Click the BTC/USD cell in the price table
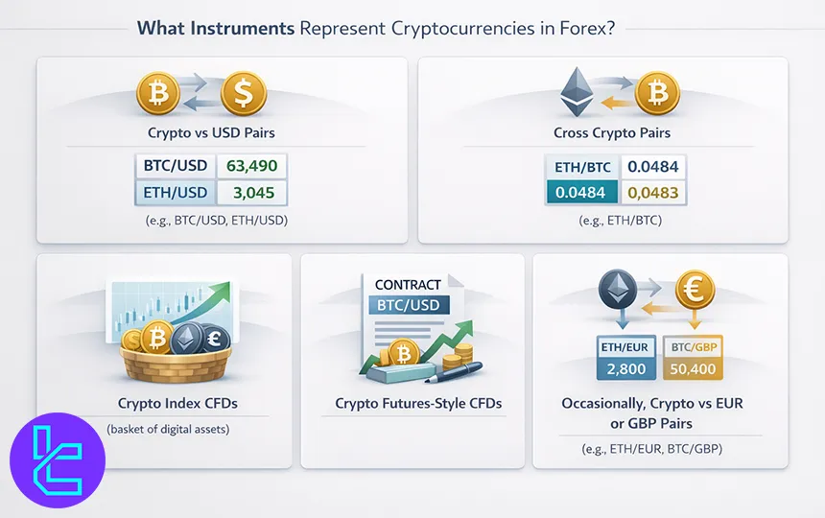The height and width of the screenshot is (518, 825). [x=176, y=165]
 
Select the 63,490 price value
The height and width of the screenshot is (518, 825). [x=251, y=165]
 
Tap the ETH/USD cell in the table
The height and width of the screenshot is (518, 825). [x=176, y=192]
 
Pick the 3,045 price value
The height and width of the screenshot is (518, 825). [x=251, y=192]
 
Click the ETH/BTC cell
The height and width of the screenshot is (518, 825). [x=581, y=167]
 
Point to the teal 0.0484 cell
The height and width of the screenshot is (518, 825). [x=581, y=193]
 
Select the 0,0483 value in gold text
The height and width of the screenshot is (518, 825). [x=652, y=193]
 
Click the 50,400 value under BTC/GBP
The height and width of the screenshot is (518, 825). [x=695, y=368]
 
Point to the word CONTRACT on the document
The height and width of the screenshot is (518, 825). [x=408, y=285]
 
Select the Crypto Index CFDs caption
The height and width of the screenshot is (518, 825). [x=164, y=404]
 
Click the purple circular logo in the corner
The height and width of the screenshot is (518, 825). [x=57, y=459]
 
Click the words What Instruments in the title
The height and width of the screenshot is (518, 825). [x=216, y=28]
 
